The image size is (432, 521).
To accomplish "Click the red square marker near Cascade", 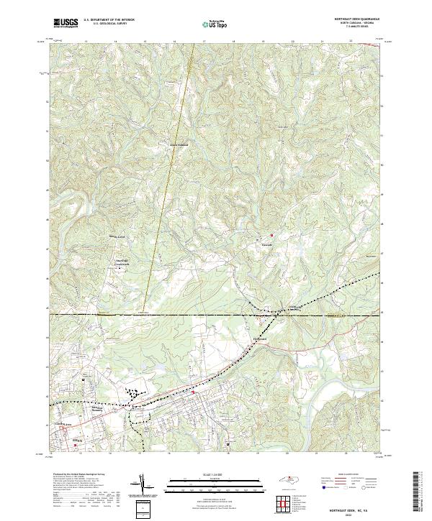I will point(272,236).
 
